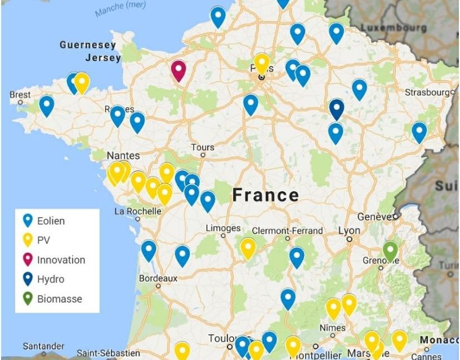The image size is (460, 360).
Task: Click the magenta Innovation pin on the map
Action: (178, 70)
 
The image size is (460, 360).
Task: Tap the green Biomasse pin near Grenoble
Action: (390, 250)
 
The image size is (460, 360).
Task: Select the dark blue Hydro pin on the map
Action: (336, 108)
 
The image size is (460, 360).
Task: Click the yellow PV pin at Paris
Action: (261, 63)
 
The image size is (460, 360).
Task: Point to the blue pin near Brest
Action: (46, 105)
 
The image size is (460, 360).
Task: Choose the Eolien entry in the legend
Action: (51, 221)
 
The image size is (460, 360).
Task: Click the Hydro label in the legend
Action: (51, 279)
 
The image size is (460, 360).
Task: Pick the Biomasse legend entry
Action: (59, 299)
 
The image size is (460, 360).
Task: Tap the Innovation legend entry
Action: (61, 260)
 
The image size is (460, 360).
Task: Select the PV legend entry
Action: (43, 240)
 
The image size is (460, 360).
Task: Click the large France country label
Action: (266, 195)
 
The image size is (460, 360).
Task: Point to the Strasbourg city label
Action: (429, 92)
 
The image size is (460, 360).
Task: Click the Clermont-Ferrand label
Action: (287, 231)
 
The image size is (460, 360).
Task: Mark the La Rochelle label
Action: (138, 211)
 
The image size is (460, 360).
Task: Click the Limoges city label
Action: (224, 228)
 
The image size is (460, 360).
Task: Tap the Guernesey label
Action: (88, 45)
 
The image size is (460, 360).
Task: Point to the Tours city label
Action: (203, 147)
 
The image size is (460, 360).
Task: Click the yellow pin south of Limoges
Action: (248, 247)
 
